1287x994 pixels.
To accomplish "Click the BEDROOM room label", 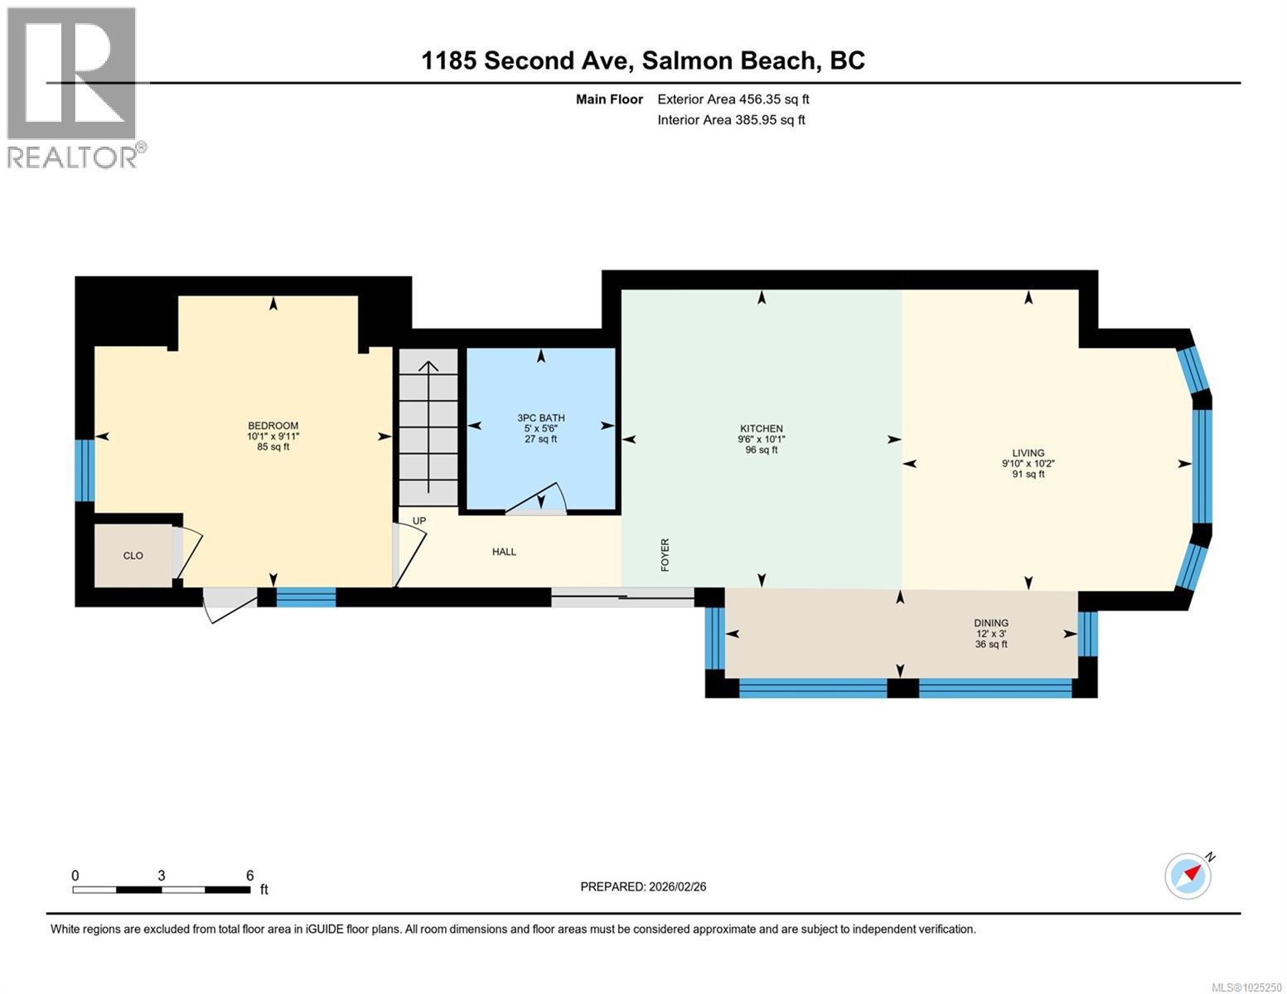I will click(x=273, y=426).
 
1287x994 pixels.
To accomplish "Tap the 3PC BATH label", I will click(x=540, y=418).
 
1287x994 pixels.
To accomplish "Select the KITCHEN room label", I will click(x=761, y=429).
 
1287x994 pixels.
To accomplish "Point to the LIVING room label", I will click(x=1028, y=453).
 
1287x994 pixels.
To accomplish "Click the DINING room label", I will click(x=991, y=623).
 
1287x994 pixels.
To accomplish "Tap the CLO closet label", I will click(x=133, y=556).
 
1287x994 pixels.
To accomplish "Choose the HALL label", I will click(x=504, y=552).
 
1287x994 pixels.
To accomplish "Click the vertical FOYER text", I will click(x=665, y=554).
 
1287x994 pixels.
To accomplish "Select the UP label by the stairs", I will click(x=419, y=521).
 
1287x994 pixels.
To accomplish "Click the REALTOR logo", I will click(x=72, y=87).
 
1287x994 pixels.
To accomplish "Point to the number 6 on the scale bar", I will click(x=249, y=876).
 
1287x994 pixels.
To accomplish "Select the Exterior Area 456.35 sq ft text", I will click(x=733, y=99).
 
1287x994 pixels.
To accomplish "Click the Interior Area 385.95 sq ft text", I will click(x=731, y=120).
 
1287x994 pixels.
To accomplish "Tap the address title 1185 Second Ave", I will click(x=530, y=60).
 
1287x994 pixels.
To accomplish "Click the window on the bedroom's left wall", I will click(x=84, y=470).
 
